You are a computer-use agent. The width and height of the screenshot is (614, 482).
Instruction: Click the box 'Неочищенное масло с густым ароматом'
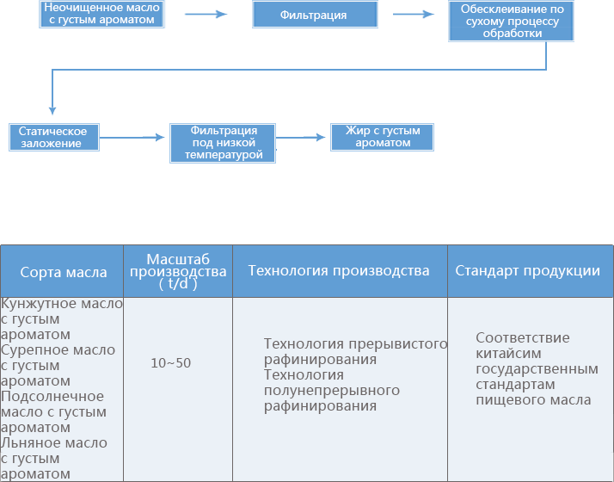(x=101, y=14)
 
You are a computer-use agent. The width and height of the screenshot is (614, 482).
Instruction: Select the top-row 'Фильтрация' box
(x=315, y=15)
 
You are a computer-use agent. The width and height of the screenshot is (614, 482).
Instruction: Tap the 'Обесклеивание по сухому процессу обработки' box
(x=511, y=22)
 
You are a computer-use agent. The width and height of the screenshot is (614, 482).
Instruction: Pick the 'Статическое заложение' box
(x=54, y=137)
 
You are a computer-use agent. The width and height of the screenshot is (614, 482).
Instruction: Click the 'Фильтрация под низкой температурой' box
(x=223, y=143)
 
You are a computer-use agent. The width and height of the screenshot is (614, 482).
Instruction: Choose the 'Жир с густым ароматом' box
(x=382, y=137)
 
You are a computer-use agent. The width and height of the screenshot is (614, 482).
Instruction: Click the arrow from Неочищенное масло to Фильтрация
(x=206, y=15)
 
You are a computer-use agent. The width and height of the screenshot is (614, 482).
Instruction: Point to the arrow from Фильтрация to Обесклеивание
(x=414, y=15)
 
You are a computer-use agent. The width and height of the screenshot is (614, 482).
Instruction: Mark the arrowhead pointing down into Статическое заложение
(x=52, y=110)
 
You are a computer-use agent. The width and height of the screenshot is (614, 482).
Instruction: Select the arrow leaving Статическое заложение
(x=132, y=137)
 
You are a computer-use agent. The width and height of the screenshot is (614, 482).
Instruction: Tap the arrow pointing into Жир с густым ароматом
(x=301, y=137)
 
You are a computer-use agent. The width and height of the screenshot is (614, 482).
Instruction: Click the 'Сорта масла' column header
(x=64, y=272)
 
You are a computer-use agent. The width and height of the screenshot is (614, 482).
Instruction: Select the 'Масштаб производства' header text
(x=178, y=265)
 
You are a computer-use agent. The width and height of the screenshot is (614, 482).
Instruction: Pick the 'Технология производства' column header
(x=339, y=270)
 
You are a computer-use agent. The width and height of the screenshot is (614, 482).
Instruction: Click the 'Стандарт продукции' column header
(x=527, y=270)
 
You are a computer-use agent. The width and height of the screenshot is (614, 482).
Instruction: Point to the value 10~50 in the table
(x=171, y=363)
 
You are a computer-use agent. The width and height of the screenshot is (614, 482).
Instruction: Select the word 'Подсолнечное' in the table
(x=52, y=396)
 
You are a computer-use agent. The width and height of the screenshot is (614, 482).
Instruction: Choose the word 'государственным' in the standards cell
(x=537, y=369)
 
